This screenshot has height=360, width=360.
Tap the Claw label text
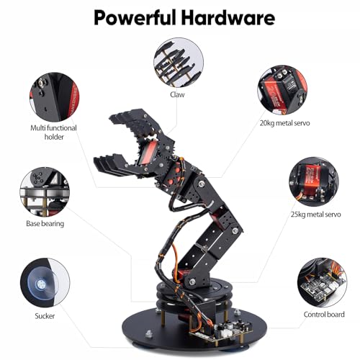(x=177, y=94)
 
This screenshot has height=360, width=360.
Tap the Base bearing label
(x=45, y=224)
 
